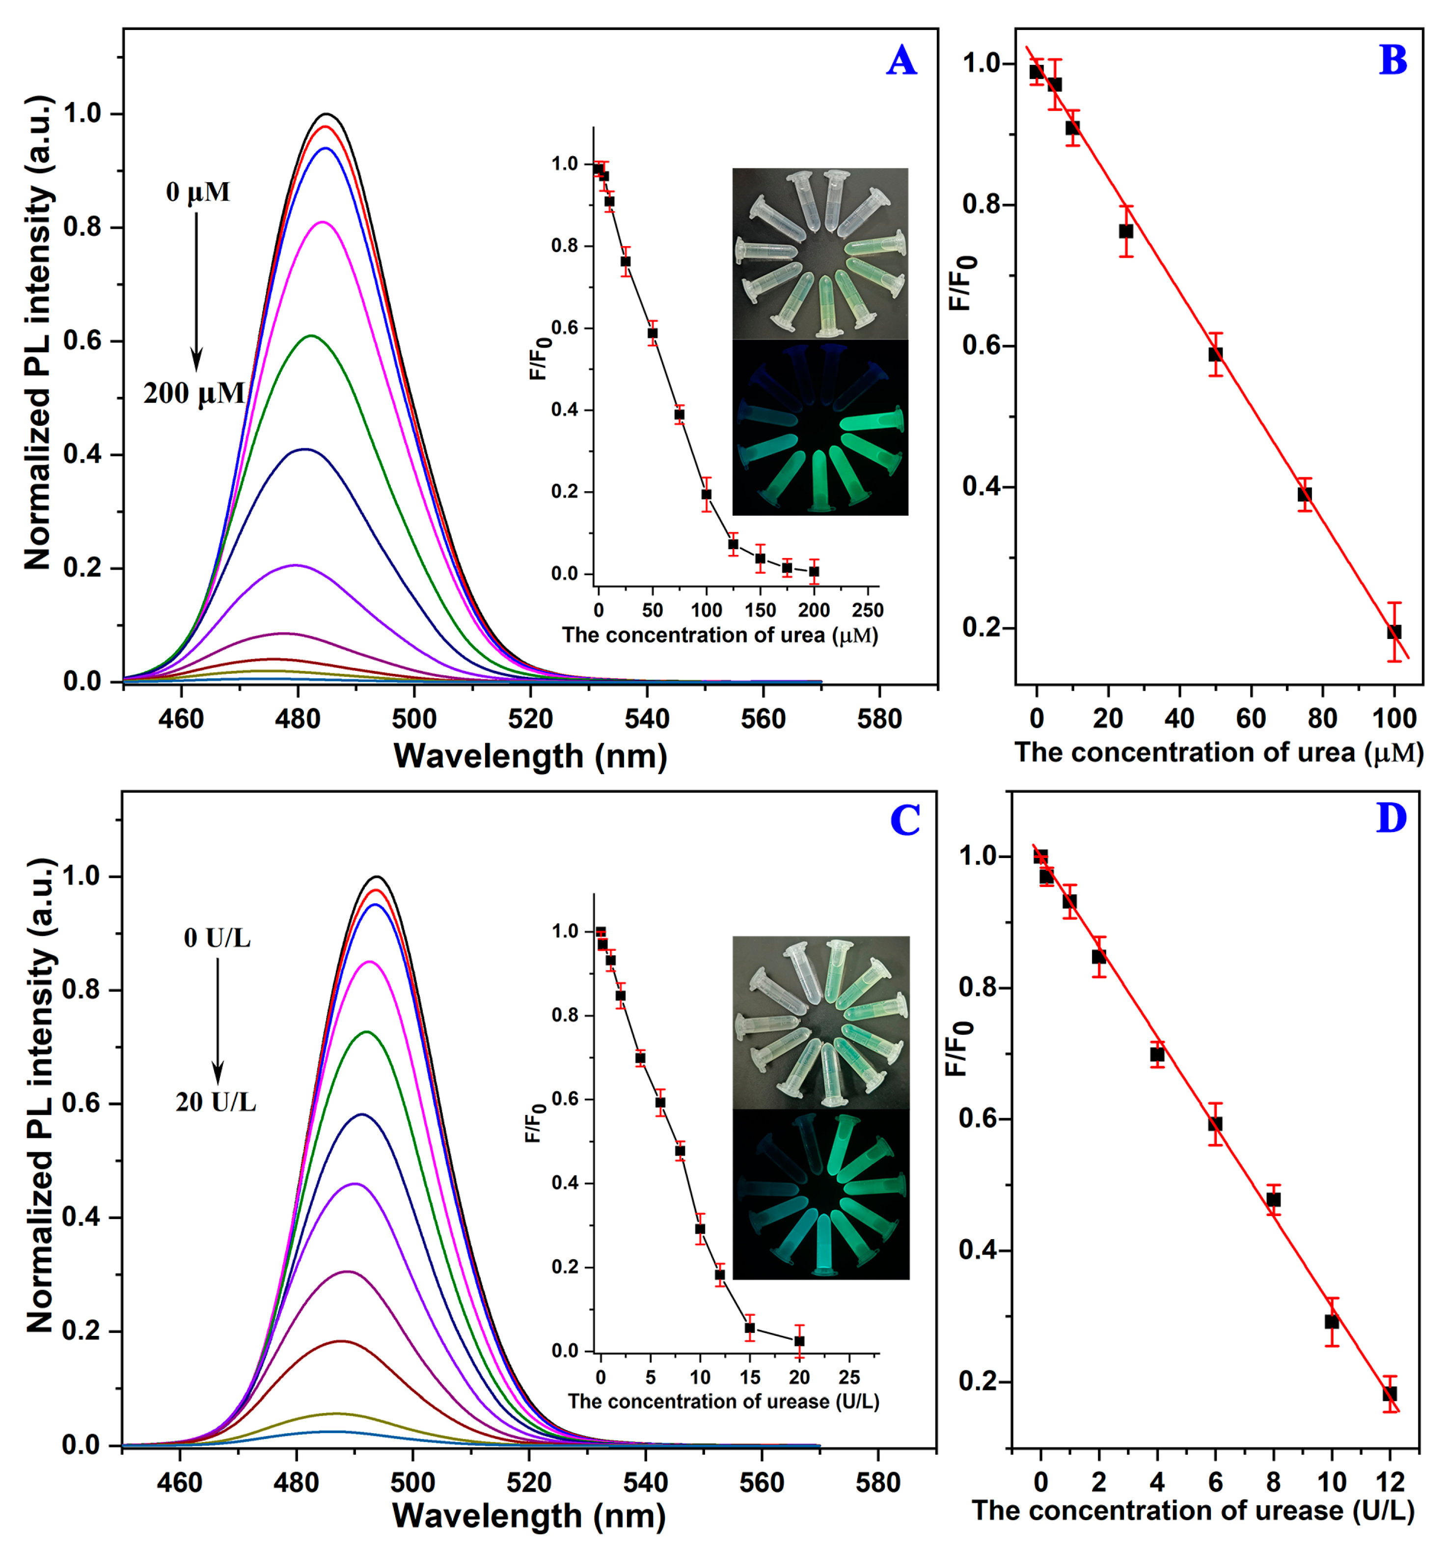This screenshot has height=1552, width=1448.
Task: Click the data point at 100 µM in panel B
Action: (1394, 632)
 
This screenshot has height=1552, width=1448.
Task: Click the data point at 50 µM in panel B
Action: (1215, 354)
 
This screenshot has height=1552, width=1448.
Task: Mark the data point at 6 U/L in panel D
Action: (1215, 1123)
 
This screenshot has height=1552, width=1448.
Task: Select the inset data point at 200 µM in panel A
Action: (814, 572)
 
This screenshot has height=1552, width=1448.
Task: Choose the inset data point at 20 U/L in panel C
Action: (798, 1340)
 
